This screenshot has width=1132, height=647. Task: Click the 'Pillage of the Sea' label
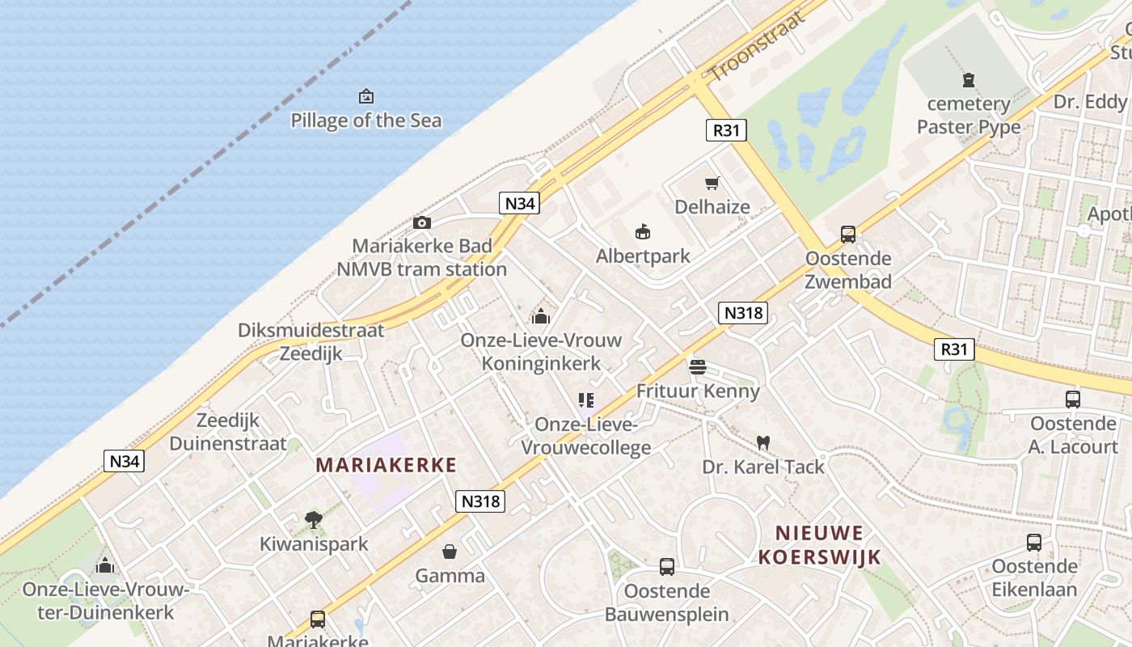[366, 121]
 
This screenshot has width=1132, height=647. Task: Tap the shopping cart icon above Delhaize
[712, 183]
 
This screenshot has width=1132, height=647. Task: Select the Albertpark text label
[643, 256]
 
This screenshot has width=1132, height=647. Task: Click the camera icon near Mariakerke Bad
[421, 223]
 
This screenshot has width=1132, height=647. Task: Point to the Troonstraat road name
[758, 46]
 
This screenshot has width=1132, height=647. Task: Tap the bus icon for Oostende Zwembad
[848, 235]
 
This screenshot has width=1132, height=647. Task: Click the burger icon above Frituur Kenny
[698, 367]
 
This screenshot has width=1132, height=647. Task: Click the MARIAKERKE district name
[386, 465]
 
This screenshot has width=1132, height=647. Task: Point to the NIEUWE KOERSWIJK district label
[819, 544]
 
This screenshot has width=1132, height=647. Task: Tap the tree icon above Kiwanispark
[314, 520]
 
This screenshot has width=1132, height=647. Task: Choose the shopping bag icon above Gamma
[450, 552]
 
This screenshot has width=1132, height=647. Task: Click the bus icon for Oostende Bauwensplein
[667, 567]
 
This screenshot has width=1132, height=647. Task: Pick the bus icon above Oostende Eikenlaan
[1034, 542]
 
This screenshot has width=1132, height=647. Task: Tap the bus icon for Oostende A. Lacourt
[1073, 399]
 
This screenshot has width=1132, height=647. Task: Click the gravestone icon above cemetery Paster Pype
[969, 79]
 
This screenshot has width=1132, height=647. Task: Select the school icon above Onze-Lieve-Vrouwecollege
[586, 400]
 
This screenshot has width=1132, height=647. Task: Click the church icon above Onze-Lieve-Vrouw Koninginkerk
[541, 315]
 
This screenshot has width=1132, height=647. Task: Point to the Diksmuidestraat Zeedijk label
[311, 341]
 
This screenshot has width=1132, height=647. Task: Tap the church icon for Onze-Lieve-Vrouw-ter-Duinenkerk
[105, 565]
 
